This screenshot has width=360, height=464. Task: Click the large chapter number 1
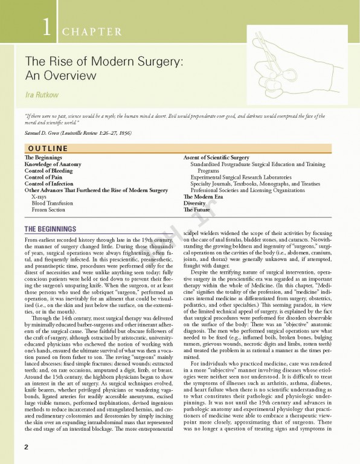click(x=46, y=28)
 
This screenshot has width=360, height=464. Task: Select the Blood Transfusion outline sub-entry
click(x=53, y=204)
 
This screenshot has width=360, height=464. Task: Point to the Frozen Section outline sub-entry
click(x=50, y=210)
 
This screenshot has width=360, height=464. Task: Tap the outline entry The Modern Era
click(x=203, y=197)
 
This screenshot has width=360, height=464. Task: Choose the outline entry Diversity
click(x=195, y=204)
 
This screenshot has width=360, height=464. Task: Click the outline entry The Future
click(x=198, y=210)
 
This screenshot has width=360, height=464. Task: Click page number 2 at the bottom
click(x=27, y=446)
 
